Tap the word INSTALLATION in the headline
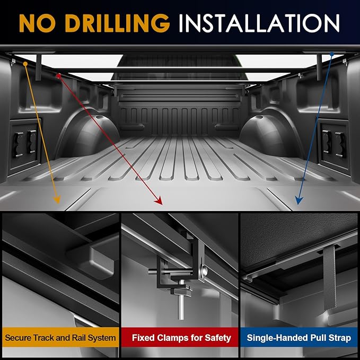259,23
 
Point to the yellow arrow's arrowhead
57,199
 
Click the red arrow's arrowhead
159,201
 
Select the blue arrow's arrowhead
298,200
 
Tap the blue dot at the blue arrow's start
332,54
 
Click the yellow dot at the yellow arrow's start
25,64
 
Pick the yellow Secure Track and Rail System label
60,337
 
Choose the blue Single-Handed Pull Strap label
299,337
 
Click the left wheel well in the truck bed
89,133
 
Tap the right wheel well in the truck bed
271,133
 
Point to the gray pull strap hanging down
330,278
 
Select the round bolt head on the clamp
204,271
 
